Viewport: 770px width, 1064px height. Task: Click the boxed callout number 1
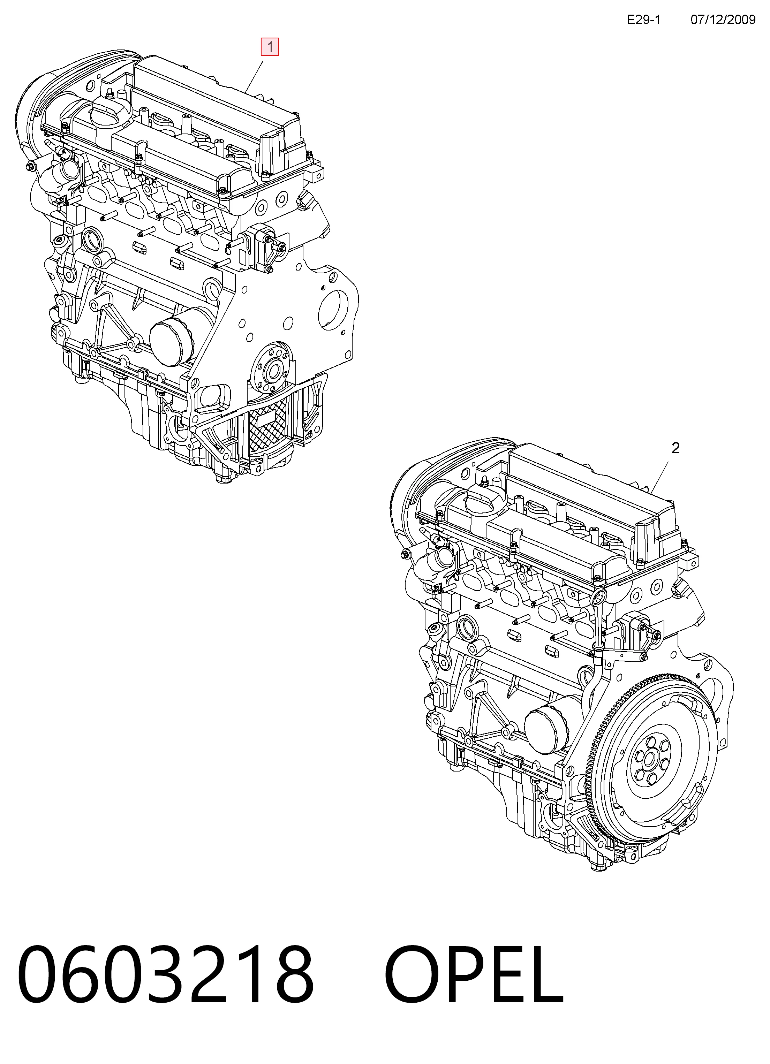tap(270, 47)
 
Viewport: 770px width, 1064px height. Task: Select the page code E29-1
tap(643, 19)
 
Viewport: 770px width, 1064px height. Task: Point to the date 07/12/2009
tap(723, 19)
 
